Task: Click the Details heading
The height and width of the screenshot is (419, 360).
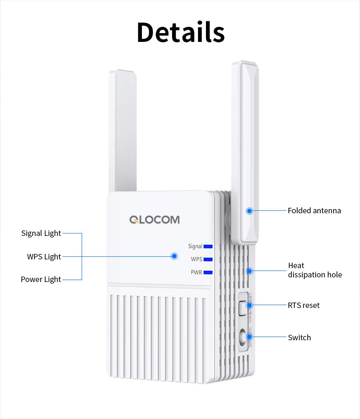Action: click(180, 32)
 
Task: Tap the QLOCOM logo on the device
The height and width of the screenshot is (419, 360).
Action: click(154, 220)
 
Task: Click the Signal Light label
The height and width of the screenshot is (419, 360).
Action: click(41, 233)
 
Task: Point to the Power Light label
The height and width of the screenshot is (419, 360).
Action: click(41, 279)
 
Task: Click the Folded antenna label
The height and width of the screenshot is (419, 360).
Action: click(314, 211)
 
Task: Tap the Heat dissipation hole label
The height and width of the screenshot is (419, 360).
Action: click(314, 270)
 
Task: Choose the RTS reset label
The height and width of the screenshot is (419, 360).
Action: click(303, 305)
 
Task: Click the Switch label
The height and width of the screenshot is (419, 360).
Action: click(299, 337)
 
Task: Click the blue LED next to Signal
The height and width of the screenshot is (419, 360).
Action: click(208, 247)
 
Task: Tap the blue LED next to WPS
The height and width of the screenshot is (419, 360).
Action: click(208, 260)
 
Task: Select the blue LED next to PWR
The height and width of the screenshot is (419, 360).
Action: click(208, 273)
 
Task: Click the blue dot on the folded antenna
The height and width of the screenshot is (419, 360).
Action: click(249, 211)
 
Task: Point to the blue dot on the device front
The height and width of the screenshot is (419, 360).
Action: click(174, 256)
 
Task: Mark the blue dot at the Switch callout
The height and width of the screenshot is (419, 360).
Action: click(249, 336)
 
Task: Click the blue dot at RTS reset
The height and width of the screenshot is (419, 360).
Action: click(249, 305)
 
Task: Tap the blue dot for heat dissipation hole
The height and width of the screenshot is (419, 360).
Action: click(249, 271)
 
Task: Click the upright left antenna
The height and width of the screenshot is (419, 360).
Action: click(122, 130)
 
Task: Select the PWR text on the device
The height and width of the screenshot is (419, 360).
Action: click(196, 273)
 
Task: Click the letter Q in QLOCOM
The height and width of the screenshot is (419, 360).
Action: click(134, 220)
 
